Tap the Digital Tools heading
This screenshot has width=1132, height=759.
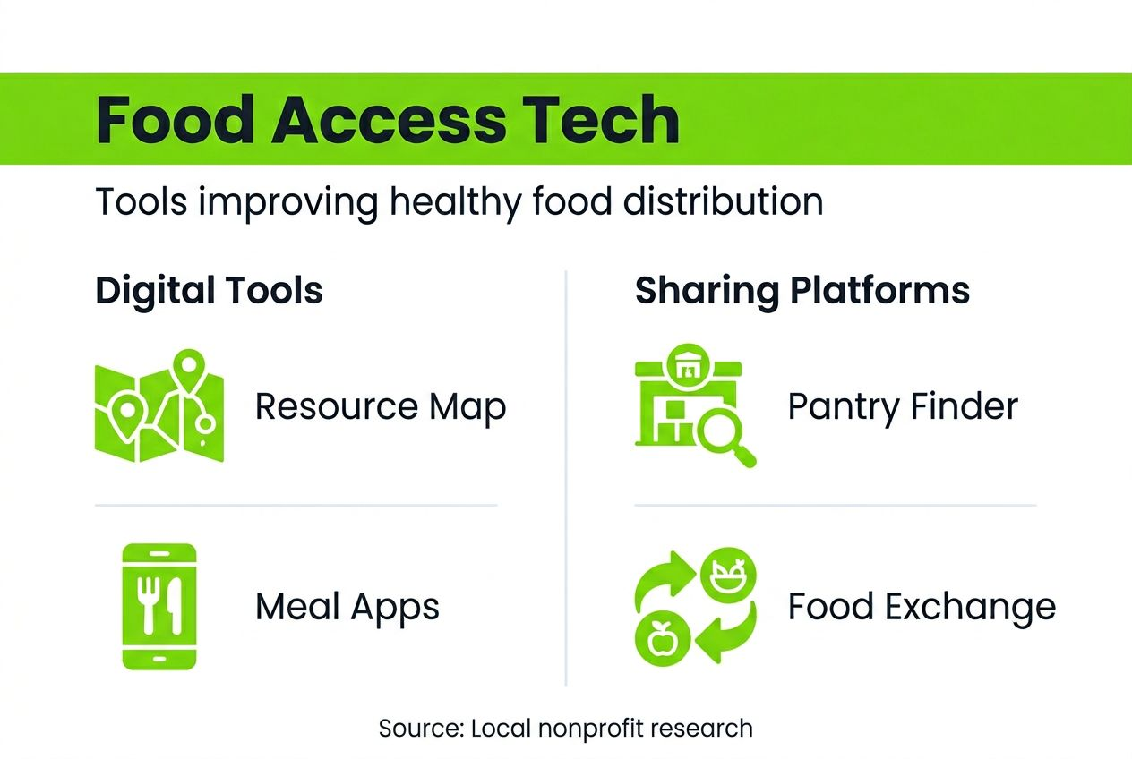click(209, 292)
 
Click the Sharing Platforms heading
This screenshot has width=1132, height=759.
click(802, 292)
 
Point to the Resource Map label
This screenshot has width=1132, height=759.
click(381, 407)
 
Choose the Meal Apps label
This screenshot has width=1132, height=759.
click(347, 608)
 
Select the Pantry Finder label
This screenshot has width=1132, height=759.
click(903, 407)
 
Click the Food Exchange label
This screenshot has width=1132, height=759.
click(922, 608)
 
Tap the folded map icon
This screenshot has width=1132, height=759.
click(159, 407)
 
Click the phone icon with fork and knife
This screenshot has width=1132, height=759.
click(159, 606)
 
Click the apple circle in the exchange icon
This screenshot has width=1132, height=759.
click(661, 639)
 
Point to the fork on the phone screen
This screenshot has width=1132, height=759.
click(147, 600)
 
